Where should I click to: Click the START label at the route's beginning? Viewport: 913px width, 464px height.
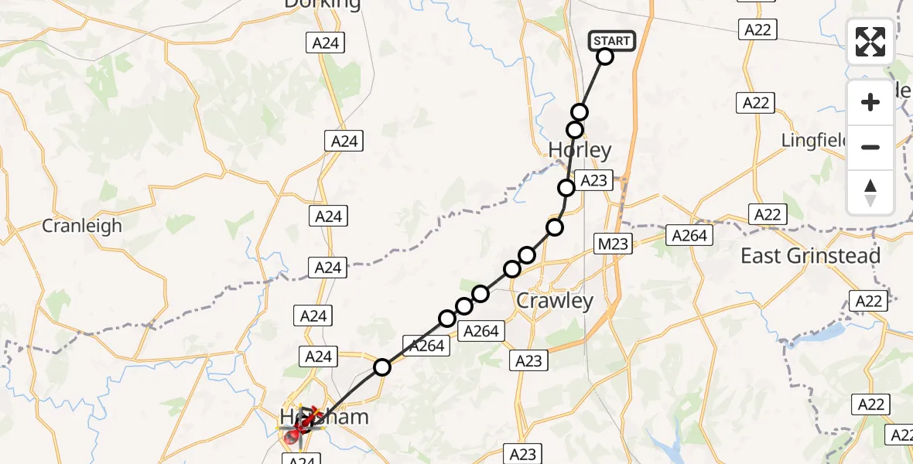pos(613,40)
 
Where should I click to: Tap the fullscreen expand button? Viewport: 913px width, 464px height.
pos(870,42)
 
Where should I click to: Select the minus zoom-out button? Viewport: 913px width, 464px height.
pos(870,147)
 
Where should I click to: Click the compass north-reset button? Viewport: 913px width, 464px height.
pos(870,193)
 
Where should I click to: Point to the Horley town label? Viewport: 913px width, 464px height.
pos(580,150)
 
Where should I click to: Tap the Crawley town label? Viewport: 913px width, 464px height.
pos(555,301)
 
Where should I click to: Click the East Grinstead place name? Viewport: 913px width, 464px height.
pos(810,256)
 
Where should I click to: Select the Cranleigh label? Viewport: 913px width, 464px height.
pos(82,226)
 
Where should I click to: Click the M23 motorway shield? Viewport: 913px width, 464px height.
pos(613,244)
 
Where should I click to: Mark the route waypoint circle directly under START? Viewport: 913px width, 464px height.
pos(605,56)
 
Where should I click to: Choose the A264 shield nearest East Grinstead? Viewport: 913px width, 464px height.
pos(689,235)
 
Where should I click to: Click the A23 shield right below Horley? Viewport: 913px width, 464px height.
pos(593,181)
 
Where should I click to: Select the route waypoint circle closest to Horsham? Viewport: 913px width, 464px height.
pos(382,367)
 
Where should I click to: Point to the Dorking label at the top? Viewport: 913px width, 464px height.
pos(323,5)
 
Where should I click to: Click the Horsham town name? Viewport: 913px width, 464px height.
pos(323,418)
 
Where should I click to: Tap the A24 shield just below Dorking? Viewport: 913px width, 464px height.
pos(326,43)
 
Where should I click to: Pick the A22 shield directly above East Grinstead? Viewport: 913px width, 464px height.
pos(768,214)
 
